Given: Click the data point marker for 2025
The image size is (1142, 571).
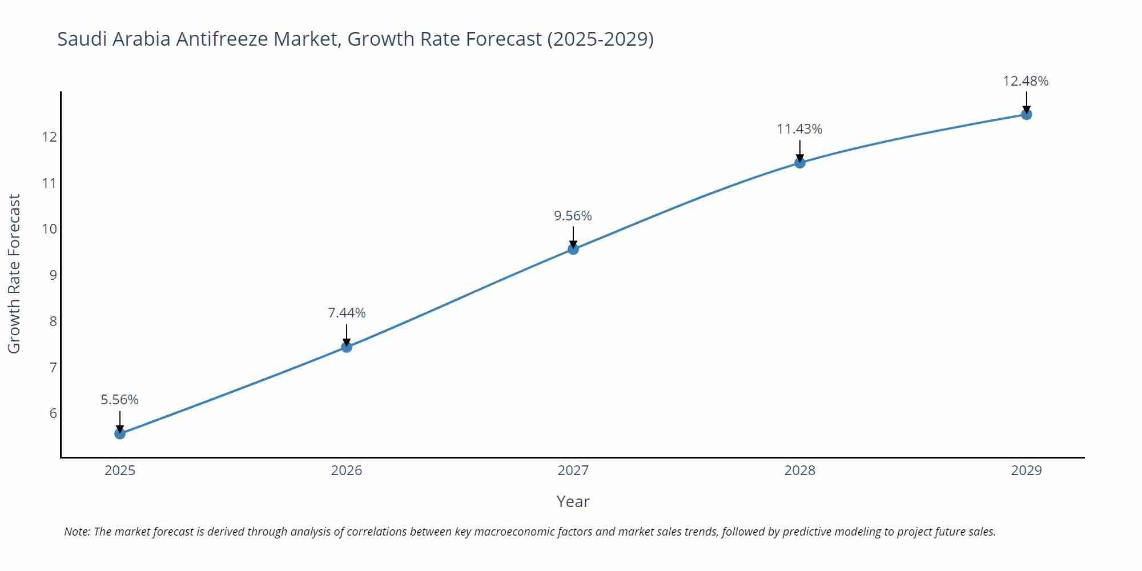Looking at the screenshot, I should pyautogui.click(x=120, y=433).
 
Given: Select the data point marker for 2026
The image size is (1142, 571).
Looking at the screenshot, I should pyautogui.click(x=347, y=347).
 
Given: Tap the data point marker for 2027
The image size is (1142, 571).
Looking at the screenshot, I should pyautogui.click(x=573, y=249).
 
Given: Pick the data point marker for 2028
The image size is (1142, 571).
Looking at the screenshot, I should pyautogui.click(x=800, y=163).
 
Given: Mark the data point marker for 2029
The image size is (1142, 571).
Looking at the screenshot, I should pyautogui.click(x=1026, y=114).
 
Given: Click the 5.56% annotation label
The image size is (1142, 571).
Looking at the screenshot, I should pyautogui.click(x=120, y=400).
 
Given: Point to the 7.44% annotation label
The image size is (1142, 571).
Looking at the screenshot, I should pyautogui.click(x=347, y=313).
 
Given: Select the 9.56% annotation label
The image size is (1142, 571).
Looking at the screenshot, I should pyautogui.click(x=573, y=216).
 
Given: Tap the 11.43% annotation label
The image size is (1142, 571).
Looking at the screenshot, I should pyautogui.click(x=799, y=129).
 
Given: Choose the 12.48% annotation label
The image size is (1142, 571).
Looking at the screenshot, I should pyautogui.click(x=1026, y=81).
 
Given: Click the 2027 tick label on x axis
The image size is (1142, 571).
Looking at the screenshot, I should pyautogui.click(x=573, y=471).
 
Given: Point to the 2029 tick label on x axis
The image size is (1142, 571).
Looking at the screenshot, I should pyautogui.click(x=1026, y=471).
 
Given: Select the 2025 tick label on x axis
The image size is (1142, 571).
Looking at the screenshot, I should pyautogui.click(x=120, y=471).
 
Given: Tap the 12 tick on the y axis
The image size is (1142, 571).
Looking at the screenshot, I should pyautogui.click(x=49, y=137).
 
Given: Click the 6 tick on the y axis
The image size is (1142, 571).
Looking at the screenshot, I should pyautogui.click(x=53, y=413).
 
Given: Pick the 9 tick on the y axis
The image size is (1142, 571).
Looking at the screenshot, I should pyautogui.click(x=53, y=275).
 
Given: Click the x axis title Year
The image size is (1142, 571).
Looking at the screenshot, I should pyautogui.click(x=573, y=501).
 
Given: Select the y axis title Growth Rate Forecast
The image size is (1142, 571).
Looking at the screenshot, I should pyautogui.click(x=14, y=274).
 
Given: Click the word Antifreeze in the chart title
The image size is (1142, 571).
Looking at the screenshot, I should pyautogui.click(x=222, y=39).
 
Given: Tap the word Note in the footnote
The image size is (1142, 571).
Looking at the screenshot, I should pyautogui.click(x=77, y=532).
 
